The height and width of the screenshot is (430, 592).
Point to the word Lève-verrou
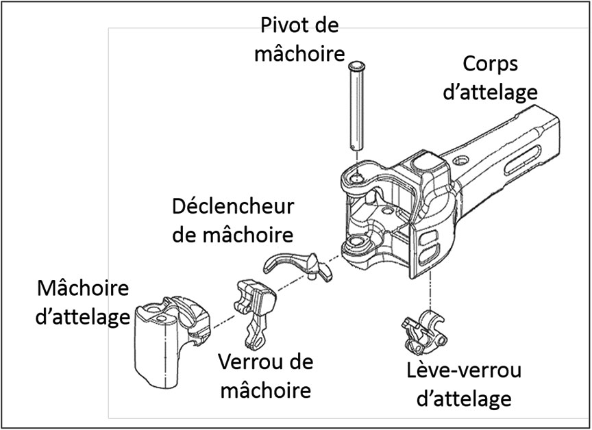click(x=461, y=371)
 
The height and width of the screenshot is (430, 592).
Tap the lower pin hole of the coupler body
click(x=356, y=244)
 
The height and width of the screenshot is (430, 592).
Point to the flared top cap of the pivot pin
click(x=354, y=66)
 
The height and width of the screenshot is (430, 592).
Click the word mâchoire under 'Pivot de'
click(x=299, y=54)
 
